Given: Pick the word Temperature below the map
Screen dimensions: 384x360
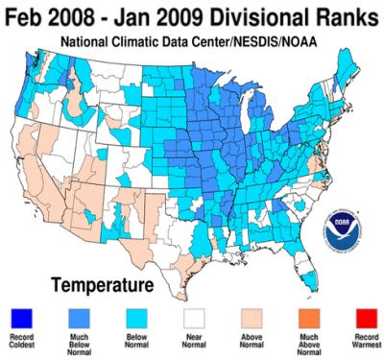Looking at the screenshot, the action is click(x=103, y=285).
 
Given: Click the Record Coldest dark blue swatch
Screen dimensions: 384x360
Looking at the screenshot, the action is click(x=21, y=319).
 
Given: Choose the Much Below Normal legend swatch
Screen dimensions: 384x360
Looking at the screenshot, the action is click(x=79, y=319).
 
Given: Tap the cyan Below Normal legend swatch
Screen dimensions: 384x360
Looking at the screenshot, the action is click(x=136, y=319).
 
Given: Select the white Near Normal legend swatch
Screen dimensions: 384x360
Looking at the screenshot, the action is click(x=194, y=319).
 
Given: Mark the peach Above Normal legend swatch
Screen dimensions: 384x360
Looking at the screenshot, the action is click(x=252, y=319).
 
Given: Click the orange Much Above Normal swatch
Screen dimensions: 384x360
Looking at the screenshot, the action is click(x=309, y=319).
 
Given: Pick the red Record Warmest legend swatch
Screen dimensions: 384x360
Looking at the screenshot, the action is click(x=367, y=319).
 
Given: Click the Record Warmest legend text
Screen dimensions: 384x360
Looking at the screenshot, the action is click(x=367, y=341).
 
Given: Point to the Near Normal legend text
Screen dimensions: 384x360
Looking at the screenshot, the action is click(x=194, y=341).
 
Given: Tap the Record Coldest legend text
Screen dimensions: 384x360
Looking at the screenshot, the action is click(x=21, y=341).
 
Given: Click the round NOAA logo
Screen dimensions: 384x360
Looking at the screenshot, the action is click(x=342, y=229).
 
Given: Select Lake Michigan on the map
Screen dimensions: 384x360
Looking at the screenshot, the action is click(x=247, y=112).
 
